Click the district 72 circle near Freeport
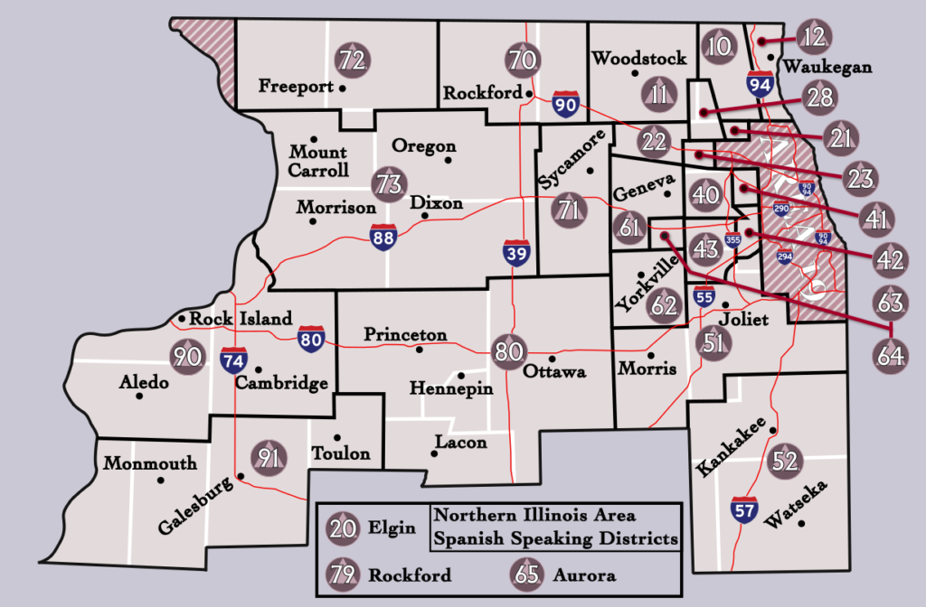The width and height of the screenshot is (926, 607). pos(352,61)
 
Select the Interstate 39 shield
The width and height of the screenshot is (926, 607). pos(515,254)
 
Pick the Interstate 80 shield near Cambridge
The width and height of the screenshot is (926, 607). pos(311,340)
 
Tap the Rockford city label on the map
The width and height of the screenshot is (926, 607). pos(482,93)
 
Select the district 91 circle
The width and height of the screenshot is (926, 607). pos(268,458)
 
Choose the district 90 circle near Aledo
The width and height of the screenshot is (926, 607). pos(188,356)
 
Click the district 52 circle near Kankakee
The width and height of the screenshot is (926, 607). pos(784,462)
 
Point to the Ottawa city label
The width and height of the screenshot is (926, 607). pos(555,372)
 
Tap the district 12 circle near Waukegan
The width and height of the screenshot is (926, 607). pos(815,37)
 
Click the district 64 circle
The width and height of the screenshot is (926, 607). pos(890,355)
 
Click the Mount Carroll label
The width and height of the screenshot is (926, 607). pos(318,161)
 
